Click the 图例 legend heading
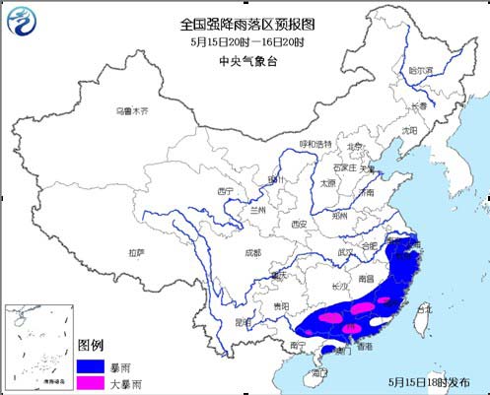point(91,344)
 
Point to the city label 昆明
point(243,321)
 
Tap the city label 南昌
point(366,279)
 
